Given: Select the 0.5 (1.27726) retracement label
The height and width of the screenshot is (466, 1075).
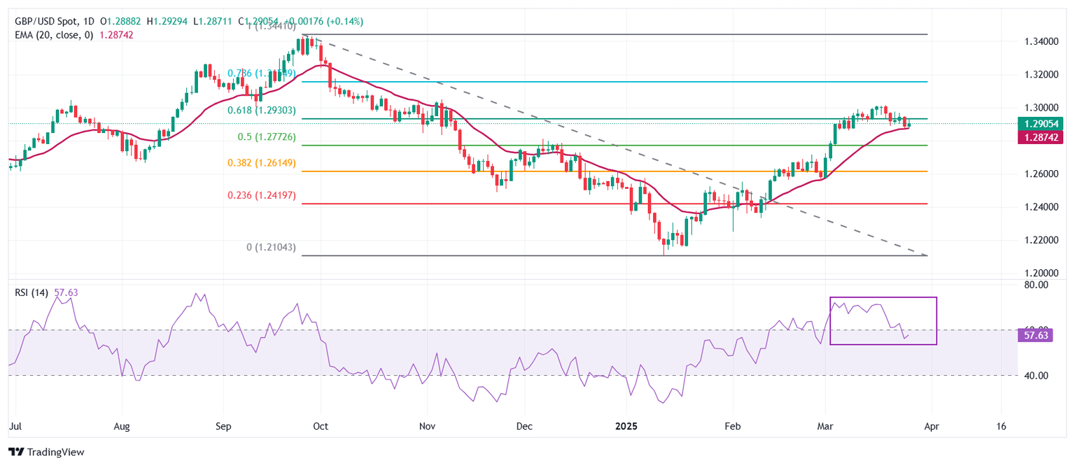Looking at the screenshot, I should coord(263,137).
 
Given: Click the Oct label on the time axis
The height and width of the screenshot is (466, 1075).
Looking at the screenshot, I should coord(321,425).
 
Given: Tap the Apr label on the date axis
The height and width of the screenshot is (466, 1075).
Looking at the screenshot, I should coord(931,425).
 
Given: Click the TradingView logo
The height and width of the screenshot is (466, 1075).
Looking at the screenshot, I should coord(46,452).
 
